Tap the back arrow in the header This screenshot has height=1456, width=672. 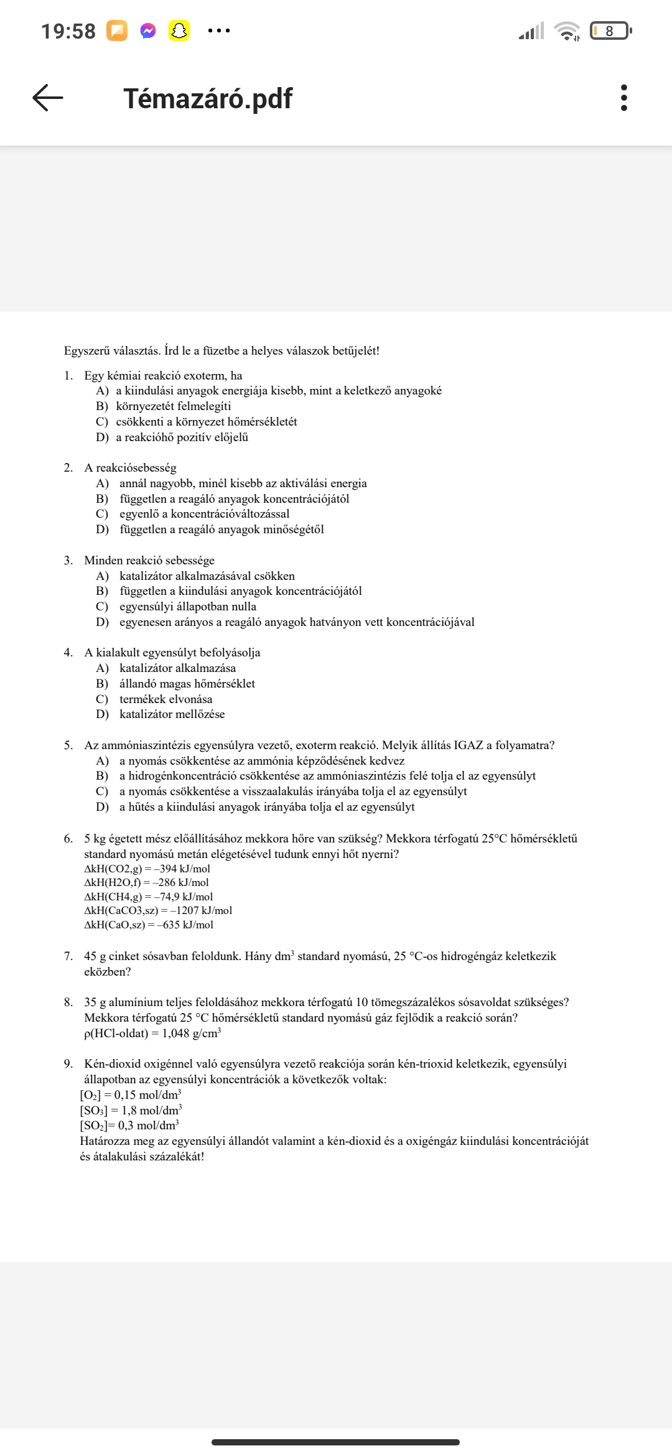(48, 98)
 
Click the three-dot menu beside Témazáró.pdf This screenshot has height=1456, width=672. (623, 98)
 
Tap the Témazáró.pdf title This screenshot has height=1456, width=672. (208, 98)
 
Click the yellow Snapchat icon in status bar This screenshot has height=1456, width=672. (179, 30)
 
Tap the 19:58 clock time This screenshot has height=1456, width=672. (68, 31)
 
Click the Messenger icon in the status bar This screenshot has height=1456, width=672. (148, 30)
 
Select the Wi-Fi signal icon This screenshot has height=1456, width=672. (566, 30)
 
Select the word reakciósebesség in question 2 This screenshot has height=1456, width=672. (136, 468)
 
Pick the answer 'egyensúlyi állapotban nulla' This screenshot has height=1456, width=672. (187, 607)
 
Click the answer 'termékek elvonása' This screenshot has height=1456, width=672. (166, 699)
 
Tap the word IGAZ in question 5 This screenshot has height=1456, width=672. (468, 745)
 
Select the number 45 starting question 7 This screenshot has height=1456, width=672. (90, 956)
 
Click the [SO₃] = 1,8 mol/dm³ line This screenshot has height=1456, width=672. (131, 1110)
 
